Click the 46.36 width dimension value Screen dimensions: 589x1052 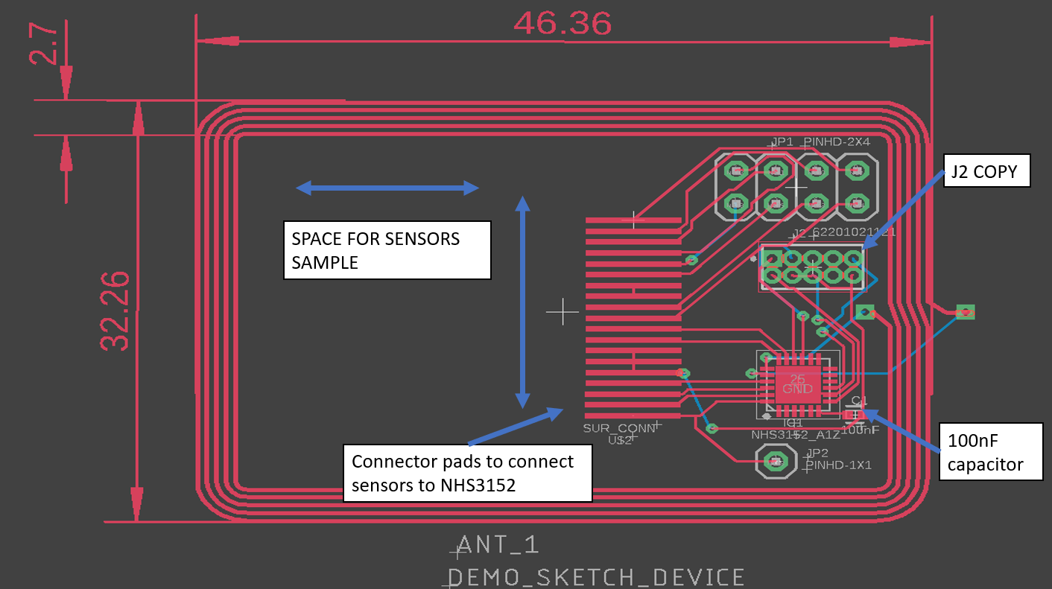(563, 24)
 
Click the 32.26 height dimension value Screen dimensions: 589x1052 (115, 311)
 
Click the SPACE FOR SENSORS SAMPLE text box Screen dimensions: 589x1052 (387, 250)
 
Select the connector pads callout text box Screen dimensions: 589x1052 (467, 473)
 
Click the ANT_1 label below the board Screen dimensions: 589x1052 (498, 545)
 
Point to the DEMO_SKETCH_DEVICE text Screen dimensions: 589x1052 (596, 577)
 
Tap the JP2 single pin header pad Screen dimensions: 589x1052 (775, 462)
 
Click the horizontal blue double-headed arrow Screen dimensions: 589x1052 (387, 188)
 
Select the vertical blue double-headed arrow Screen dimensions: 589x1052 (523, 302)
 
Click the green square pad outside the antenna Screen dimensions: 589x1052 (966, 312)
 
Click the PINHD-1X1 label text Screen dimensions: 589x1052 (838, 465)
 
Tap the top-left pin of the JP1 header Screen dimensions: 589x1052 (736, 171)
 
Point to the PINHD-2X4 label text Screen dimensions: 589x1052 (836, 141)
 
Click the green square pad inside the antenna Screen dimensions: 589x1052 (864, 312)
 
